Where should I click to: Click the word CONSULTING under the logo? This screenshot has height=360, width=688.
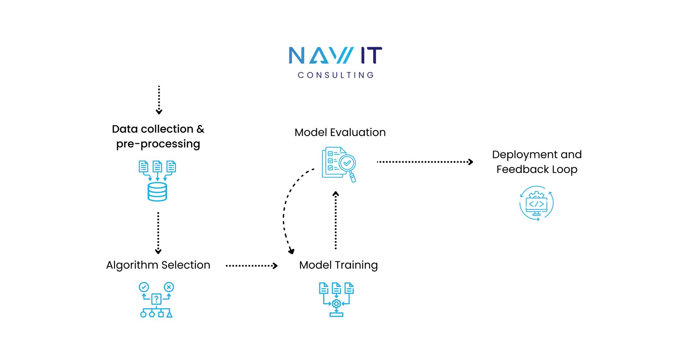tap(336, 75)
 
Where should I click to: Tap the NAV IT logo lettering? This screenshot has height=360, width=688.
tap(335, 55)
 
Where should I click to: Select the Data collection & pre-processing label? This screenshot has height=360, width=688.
tap(158, 136)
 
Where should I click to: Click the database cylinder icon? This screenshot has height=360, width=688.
tap(157, 192)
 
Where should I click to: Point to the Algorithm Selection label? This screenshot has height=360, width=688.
tap(158, 265)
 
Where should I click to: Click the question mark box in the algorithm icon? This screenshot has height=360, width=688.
tap(156, 299)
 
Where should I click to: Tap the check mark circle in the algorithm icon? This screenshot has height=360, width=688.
tap(144, 287)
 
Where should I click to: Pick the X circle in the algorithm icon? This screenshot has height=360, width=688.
tap(169, 287)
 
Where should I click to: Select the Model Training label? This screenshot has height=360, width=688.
tap(338, 265)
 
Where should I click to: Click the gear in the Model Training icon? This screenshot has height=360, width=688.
tap(336, 304)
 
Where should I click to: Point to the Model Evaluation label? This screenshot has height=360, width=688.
tap(340, 132)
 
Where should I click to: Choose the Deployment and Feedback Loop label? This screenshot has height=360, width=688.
tap(537, 162)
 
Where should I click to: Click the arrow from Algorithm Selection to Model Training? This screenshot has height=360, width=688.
tap(252, 266)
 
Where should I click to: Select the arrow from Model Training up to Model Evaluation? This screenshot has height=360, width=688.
tap(336, 220)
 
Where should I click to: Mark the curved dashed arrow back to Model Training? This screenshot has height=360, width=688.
tap(285, 212)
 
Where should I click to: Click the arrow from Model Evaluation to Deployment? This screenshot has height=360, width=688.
tap(425, 162)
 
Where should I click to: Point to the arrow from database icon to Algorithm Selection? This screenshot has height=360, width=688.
tap(158, 233)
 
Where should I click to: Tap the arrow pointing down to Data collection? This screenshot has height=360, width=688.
tap(159, 100)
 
